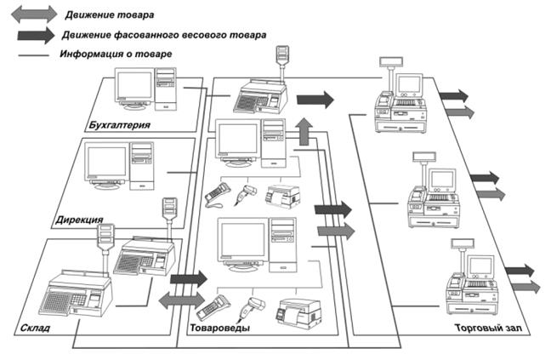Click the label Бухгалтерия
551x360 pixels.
coord(119,126)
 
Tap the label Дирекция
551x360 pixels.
coord(77,220)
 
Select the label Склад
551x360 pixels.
coord(32,327)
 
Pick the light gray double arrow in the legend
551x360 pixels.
coord(31,14)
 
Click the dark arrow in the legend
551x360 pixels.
coord(31,36)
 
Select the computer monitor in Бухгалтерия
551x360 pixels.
coord(133,86)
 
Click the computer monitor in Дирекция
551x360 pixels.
coord(106,165)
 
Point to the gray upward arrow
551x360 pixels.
coord(304,134)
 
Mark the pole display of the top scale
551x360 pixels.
coord(281,58)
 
